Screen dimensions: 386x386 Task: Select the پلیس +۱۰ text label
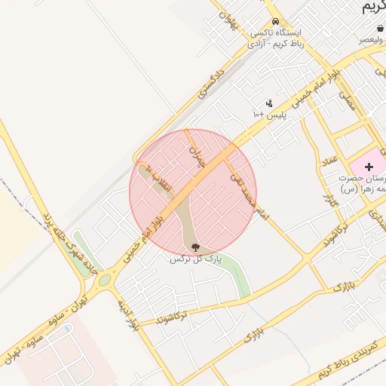pyautogui.click(x=268, y=114)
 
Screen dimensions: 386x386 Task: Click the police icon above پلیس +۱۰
pyautogui.click(x=269, y=103)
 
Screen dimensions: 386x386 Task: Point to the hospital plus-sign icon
pyautogui.click(x=369, y=166)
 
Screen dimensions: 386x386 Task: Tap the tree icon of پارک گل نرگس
pyautogui.click(x=196, y=247)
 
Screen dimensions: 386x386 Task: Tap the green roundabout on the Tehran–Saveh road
pyautogui.click(x=104, y=280)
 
